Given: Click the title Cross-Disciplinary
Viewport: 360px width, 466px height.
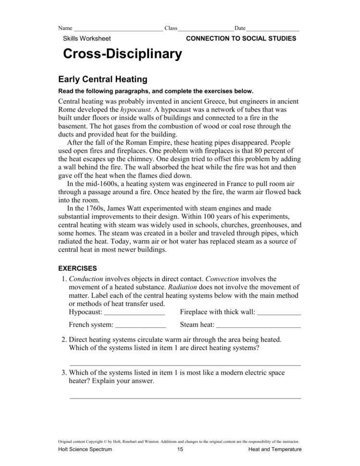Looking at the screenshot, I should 122,54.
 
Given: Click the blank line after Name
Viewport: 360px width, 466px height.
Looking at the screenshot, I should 118,29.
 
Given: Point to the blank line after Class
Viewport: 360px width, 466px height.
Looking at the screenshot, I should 206,29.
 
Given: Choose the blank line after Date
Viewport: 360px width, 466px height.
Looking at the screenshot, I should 273,29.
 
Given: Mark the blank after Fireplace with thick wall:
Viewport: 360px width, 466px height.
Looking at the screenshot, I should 279,313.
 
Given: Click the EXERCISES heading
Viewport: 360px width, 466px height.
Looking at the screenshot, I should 77,268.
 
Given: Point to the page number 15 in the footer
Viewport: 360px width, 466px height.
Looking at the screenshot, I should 180,449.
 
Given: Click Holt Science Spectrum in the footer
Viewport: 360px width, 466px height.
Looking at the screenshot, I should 85,449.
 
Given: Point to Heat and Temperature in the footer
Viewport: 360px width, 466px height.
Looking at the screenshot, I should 275,449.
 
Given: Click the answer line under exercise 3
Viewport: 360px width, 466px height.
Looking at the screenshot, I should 185,397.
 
